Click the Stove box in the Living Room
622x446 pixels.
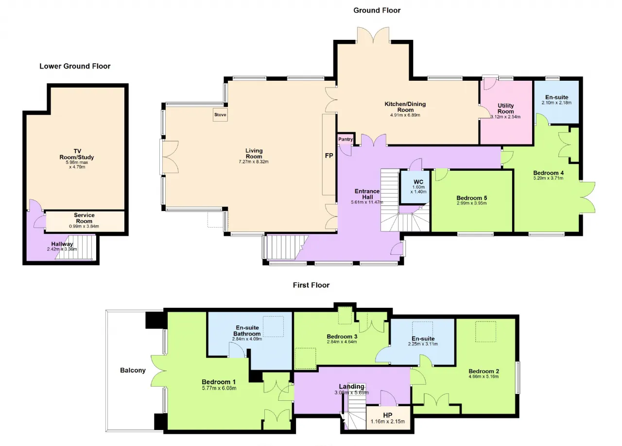tap(220, 114)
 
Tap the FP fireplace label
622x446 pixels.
tap(329, 156)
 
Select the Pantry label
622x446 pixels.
tap(346, 139)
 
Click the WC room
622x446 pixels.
tap(415, 187)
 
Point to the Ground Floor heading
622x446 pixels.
tap(377, 10)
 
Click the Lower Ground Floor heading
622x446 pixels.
tap(75, 66)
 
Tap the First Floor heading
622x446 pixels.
tap(311, 285)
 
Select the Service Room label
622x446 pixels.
tap(84, 218)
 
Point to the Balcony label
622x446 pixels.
tap(133, 371)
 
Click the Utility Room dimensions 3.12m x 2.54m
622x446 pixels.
tap(505, 117)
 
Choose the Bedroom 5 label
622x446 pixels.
tap(472, 198)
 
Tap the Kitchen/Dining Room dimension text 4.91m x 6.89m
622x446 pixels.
tap(405, 115)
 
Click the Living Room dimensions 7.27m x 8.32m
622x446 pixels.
tap(254, 162)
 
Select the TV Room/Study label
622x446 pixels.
tap(77, 154)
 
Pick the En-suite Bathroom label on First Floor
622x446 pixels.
tap(247, 331)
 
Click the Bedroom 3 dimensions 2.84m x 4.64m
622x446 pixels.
tap(342, 342)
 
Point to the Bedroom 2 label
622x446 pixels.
tap(484, 371)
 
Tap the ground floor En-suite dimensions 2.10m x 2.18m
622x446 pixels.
tap(556, 103)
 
